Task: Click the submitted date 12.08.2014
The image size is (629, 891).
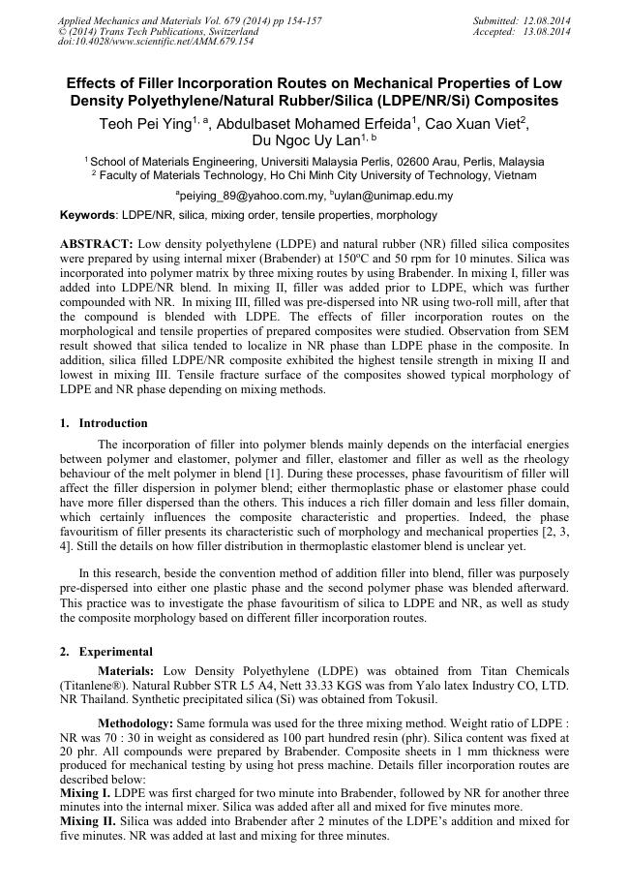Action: (x=547, y=20)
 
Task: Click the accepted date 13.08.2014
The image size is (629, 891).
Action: (x=547, y=31)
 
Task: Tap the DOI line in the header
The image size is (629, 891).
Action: (x=156, y=42)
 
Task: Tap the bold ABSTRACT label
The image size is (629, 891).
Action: (x=96, y=242)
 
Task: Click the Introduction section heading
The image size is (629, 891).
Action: (x=113, y=423)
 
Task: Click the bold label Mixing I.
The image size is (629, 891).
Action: (x=84, y=792)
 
